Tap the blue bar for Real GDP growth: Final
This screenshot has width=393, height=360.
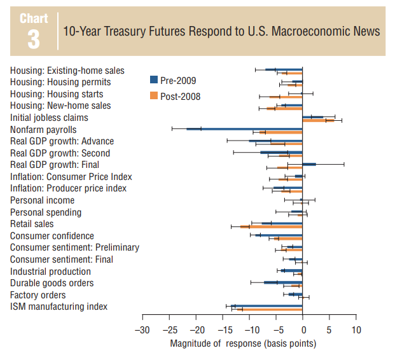tap(309, 164)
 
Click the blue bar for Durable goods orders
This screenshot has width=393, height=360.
tap(283, 282)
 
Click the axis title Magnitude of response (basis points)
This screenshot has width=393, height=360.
tap(243, 343)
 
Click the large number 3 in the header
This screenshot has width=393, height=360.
tap(33, 39)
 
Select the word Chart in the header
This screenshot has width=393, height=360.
tap(34, 18)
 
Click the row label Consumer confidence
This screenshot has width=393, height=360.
tap(52, 236)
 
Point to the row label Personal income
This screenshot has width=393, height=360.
tap(42, 200)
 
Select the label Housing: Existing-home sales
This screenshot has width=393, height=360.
tap(67, 71)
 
